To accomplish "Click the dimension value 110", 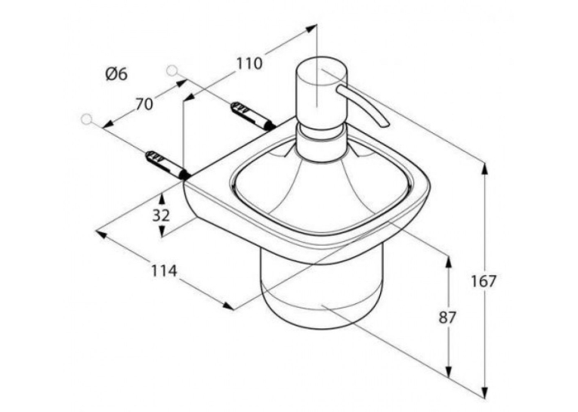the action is (249, 64).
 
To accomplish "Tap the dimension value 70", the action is (144, 104).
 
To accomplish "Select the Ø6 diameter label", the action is (116, 74).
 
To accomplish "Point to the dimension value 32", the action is (161, 215).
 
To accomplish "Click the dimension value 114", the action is (164, 271).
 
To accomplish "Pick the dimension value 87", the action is (448, 318).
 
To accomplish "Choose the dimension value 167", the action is (484, 281).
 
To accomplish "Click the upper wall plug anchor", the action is (253, 116).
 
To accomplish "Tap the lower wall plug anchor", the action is (168, 165).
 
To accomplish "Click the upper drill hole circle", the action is (172, 70).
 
